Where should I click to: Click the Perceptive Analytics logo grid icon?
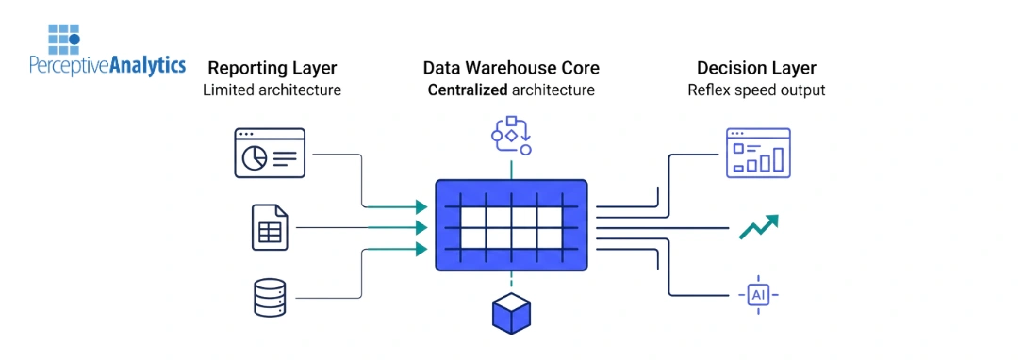pyautogui.click(x=65, y=38)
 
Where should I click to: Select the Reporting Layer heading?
pyautogui.click(x=272, y=68)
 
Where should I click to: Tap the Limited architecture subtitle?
pyautogui.click(x=272, y=90)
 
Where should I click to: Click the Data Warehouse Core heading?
pyautogui.click(x=511, y=68)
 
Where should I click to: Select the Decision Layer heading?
pyautogui.click(x=756, y=68)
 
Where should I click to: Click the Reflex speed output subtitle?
pyautogui.click(x=756, y=90)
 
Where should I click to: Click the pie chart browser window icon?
pyautogui.click(x=270, y=153)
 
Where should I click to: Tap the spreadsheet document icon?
pyautogui.click(x=270, y=227)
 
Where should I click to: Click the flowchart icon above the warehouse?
pyautogui.click(x=512, y=136)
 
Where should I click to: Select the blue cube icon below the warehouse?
pyautogui.click(x=512, y=314)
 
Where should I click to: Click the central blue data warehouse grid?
pyautogui.click(x=511, y=226)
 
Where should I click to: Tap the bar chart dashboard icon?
pyautogui.click(x=758, y=153)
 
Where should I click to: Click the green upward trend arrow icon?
pyautogui.click(x=758, y=227)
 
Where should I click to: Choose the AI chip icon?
pyautogui.click(x=759, y=296)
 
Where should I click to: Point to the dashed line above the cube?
pyautogui.click(x=512, y=282)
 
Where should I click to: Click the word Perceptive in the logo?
pyautogui.click(x=69, y=66)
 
